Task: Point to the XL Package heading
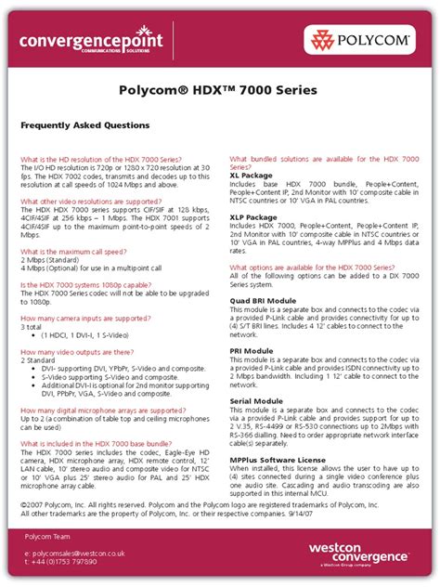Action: coord(251,175)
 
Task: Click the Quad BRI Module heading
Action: coord(263,301)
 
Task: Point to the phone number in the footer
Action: coord(64,563)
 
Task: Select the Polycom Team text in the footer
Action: coord(50,538)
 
